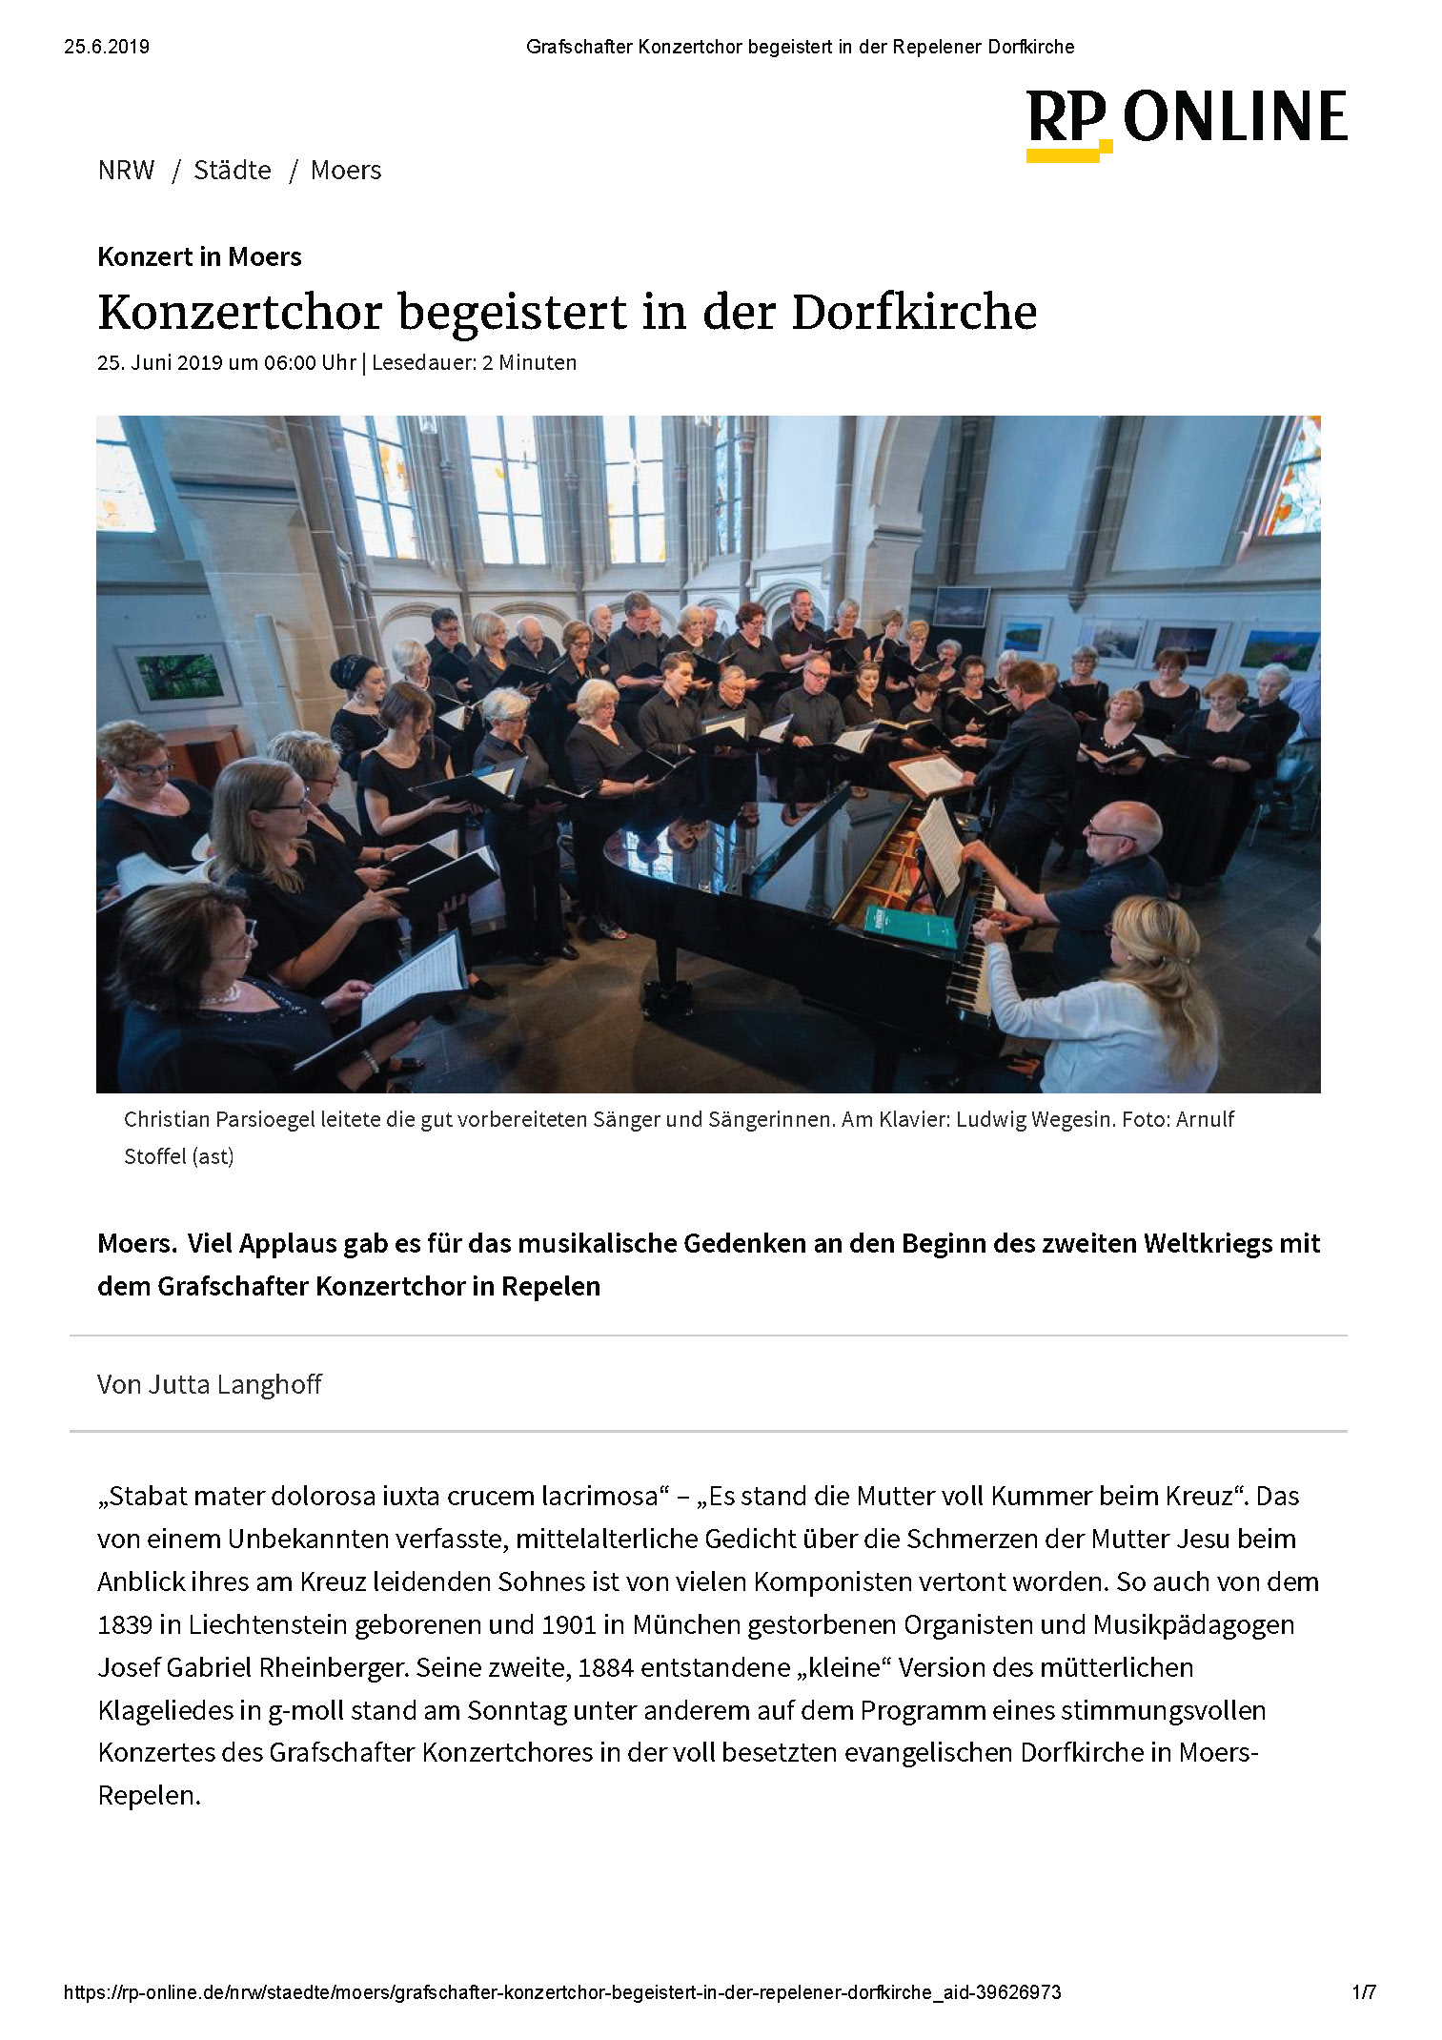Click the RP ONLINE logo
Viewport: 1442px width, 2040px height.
point(1186,122)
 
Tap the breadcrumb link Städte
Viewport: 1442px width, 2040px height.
point(232,171)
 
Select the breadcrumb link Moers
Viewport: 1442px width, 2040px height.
point(346,171)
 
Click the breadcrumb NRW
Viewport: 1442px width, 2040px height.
point(126,171)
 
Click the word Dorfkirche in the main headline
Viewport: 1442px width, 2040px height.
point(913,313)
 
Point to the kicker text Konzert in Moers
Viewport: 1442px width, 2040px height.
point(199,256)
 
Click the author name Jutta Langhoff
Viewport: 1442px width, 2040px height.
point(235,1384)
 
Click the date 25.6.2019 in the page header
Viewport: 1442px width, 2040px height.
point(107,47)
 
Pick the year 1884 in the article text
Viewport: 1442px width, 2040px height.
point(605,1667)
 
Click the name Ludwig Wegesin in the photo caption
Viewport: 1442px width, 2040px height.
point(1033,1119)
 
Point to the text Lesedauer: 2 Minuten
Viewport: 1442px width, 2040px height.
point(474,363)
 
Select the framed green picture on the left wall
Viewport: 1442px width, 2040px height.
point(178,675)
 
